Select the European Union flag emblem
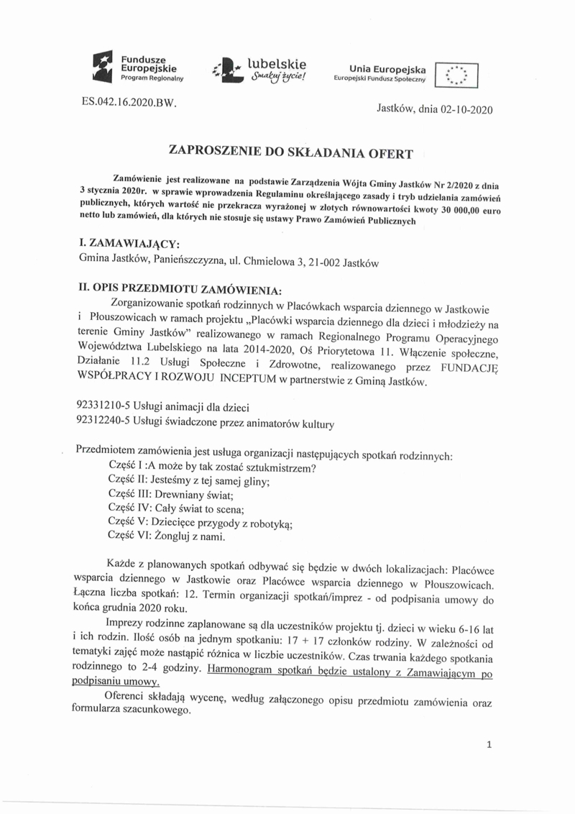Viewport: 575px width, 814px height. point(457,73)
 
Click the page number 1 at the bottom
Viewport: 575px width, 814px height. point(488,746)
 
